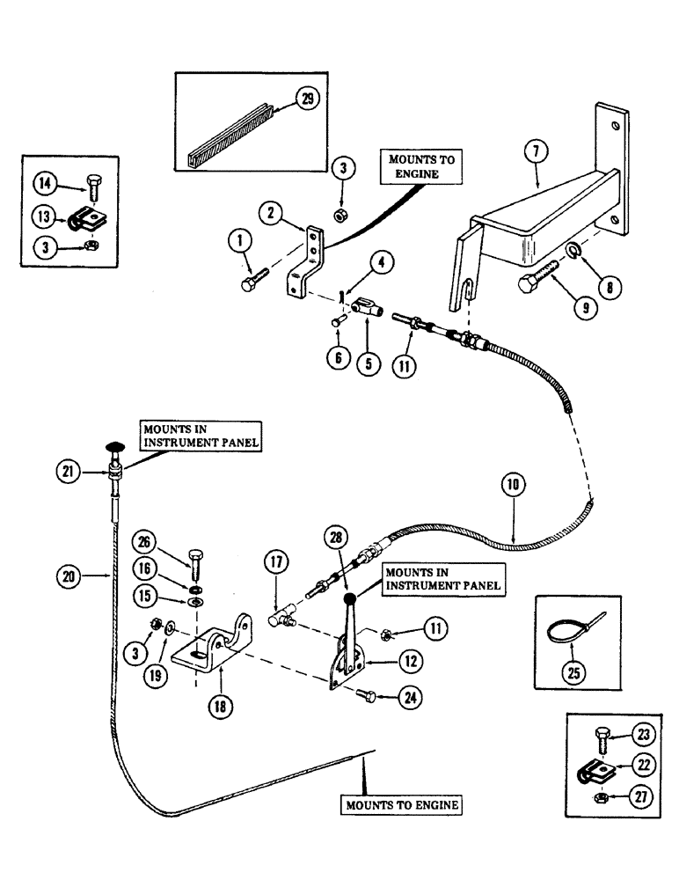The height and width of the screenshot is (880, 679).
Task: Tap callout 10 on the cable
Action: [x=514, y=484]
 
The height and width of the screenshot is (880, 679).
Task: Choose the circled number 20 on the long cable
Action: [x=92, y=579]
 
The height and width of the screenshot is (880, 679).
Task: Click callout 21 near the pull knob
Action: [x=92, y=473]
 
